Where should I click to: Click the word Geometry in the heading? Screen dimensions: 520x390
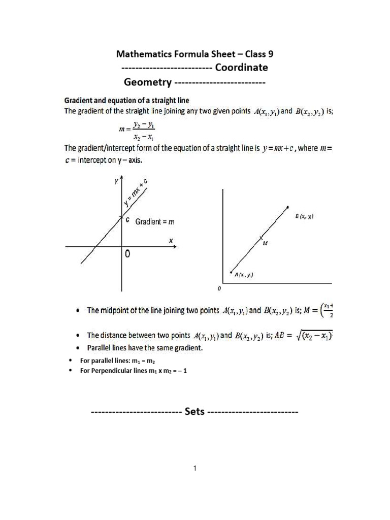(x=147, y=82)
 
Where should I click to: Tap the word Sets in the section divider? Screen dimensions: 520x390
(x=194, y=411)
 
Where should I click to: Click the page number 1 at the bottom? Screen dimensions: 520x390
(x=194, y=468)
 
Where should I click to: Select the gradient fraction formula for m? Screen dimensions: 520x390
(x=138, y=131)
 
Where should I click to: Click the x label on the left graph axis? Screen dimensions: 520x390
(x=171, y=240)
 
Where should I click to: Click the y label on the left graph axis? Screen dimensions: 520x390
(x=116, y=181)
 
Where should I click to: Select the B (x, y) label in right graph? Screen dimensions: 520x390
(x=304, y=217)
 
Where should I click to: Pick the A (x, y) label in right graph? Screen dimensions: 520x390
(x=244, y=275)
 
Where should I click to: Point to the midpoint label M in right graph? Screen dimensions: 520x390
(x=265, y=244)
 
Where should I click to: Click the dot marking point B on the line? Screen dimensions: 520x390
(x=288, y=207)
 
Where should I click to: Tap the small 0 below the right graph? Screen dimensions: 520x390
(x=219, y=288)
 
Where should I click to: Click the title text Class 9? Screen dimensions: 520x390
(x=259, y=54)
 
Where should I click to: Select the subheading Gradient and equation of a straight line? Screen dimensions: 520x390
(x=126, y=100)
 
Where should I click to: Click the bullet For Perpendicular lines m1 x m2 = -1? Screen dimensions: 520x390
(x=134, y=371)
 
